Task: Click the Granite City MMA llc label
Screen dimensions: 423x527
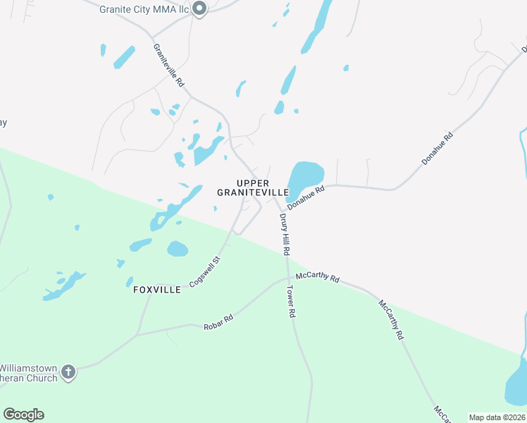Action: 144,9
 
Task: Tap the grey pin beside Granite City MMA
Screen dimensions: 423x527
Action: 199,9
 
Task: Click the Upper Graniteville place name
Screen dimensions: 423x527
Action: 252,188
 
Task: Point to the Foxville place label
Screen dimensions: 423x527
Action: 157,290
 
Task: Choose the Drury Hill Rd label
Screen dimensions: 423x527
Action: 285,235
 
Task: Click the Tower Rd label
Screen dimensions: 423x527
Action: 290,300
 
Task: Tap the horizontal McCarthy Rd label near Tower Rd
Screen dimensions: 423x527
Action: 318,277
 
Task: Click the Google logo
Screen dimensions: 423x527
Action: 23,415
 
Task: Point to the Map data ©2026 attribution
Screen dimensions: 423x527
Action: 497,417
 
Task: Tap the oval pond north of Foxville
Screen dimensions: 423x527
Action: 178,249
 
